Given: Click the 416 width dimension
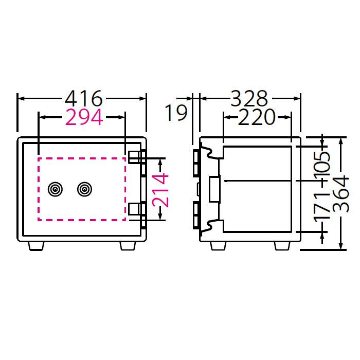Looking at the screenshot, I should pos(82,98).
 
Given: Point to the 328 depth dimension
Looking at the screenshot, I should pos(249,98).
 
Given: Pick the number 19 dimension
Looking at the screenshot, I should pos(176,113).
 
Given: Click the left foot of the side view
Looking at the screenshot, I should pos(218,246).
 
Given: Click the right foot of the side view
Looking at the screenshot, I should pos(282,246).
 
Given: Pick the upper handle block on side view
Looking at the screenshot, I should pos(196,163).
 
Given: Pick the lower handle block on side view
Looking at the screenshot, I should pos(196,215).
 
